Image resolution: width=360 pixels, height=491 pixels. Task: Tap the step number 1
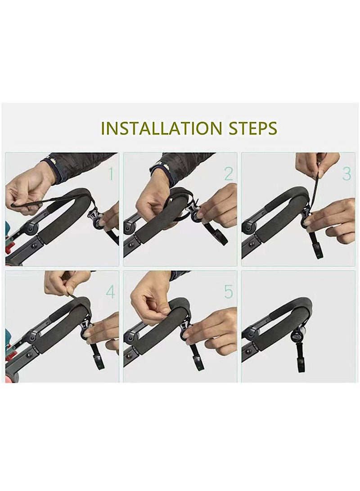[111, 174]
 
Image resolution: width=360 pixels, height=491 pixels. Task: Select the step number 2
[229, 174]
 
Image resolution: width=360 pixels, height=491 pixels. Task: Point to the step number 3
[346, 174]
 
